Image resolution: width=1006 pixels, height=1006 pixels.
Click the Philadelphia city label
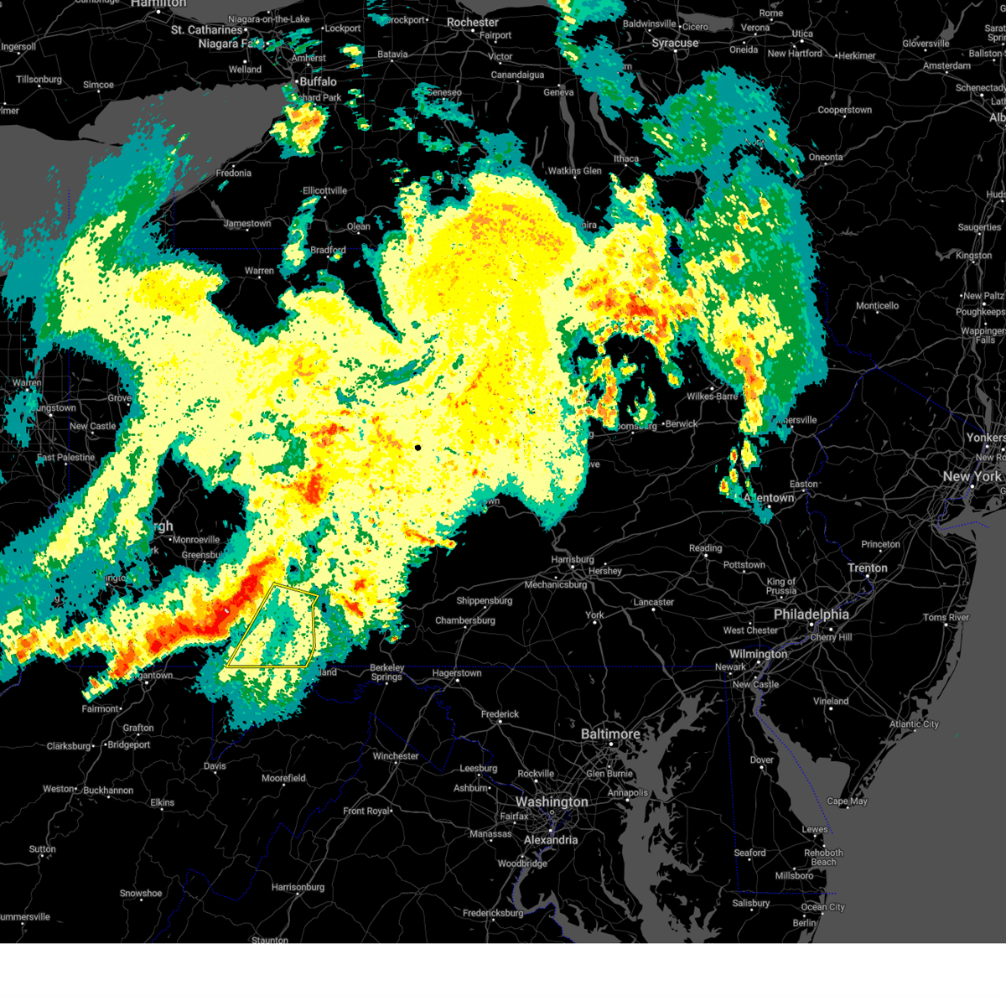(811, 614)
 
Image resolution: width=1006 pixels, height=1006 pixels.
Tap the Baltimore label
(610, 734)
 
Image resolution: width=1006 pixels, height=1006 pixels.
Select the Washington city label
(552, 802)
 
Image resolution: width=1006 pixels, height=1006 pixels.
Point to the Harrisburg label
(573, 560)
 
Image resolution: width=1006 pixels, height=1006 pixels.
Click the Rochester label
(473, 23)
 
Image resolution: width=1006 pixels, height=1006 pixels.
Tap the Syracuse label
(675, 44)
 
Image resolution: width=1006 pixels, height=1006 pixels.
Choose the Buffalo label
(318, 82)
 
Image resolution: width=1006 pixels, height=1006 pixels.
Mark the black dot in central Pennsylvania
(417, 448)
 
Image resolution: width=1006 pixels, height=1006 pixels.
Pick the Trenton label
(867, 568)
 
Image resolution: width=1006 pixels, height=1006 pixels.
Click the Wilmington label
(758, 654)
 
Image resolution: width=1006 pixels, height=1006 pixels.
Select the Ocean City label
(823, 907)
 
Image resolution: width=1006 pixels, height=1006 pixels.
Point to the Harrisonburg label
(298, 887)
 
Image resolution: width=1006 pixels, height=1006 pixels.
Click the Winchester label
(396, 756)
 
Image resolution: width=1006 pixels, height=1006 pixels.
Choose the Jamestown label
(247, 224)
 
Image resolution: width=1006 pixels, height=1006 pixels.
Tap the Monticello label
(877, 306)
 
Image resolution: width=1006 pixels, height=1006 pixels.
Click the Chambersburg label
(465, 620)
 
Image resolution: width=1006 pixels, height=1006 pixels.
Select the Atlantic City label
(914, 724)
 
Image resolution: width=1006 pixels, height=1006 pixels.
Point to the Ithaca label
(625, 158)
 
